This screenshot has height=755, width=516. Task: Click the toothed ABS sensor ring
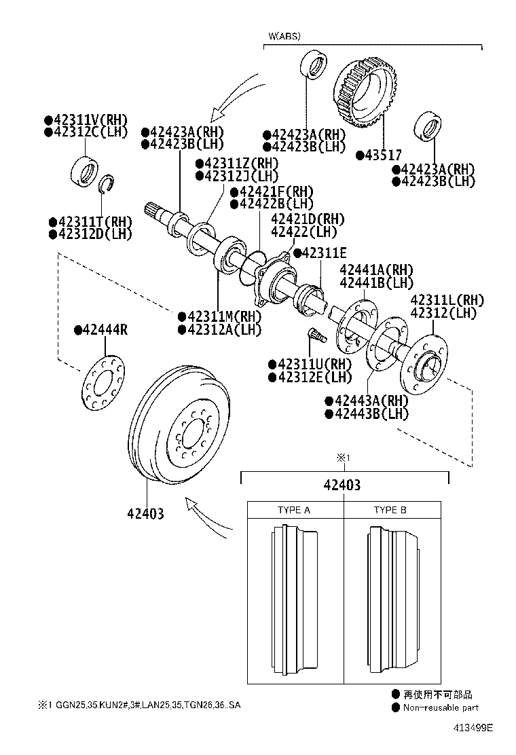point(365,94)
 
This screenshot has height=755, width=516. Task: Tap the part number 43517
point(382,155)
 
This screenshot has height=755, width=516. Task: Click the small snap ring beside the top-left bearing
point(105,184)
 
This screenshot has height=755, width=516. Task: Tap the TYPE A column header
point(294,510)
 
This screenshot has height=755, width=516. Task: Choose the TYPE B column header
point(390,510)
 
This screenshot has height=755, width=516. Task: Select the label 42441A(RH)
point(375,270)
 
